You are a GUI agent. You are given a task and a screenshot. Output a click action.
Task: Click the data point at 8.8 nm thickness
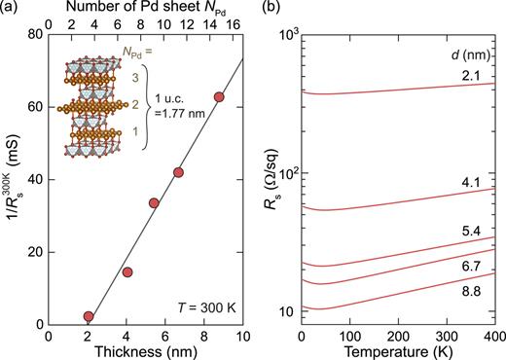pos(219,96)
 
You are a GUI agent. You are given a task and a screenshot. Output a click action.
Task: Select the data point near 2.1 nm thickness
pos(90,316)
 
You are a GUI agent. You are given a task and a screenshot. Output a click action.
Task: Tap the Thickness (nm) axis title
pos(146,350)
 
